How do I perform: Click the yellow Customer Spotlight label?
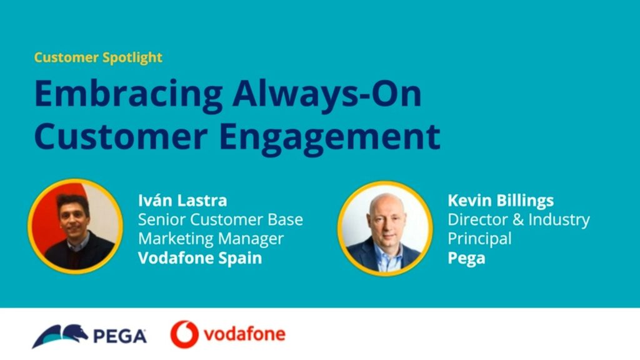tap(98, 57)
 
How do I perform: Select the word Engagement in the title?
tap(330, 138)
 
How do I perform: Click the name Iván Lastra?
tap(182, 201)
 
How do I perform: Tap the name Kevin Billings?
tap(501, 201)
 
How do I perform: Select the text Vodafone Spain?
tap(200, 259)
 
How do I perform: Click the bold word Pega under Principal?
tap(466, 259)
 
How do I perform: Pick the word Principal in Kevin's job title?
tap(479, 239)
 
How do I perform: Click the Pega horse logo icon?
tap(60, 336)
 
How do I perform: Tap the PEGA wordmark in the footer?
tap(120, 336)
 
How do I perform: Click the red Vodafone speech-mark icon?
tap(184, 334)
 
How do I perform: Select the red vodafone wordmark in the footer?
tap(245, 334)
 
